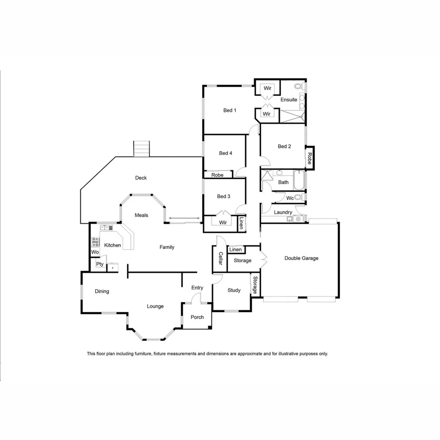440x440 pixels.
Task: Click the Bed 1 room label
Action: [x=229, y=110]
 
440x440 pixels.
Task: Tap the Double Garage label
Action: [x=301, y=258]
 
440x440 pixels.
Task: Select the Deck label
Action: [x=141, y=178]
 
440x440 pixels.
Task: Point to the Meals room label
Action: [x=141, y=215]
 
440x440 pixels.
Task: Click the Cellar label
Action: [x=220, y=259]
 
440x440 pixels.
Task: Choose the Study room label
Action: [x=234, y=290]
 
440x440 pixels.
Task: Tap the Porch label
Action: [x=197, y=317]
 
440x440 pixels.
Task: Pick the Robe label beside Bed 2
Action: [x=310, y=158]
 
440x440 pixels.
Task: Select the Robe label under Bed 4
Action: [x=217, y=175]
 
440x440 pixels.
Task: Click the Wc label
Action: [x=290, y=198]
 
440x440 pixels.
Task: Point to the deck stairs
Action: [x=142, y=149]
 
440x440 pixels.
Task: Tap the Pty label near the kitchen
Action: [x=100, y=264]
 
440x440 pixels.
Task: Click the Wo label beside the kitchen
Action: [x=95, y=252]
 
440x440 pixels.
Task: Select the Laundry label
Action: [x=283, y=212]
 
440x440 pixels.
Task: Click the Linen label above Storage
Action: [x=236, y=250]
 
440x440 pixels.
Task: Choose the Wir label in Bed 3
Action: [x=223, y=222]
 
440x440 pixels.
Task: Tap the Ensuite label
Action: [x=289, y=100]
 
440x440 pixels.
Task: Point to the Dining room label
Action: [x=102, y=291]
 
